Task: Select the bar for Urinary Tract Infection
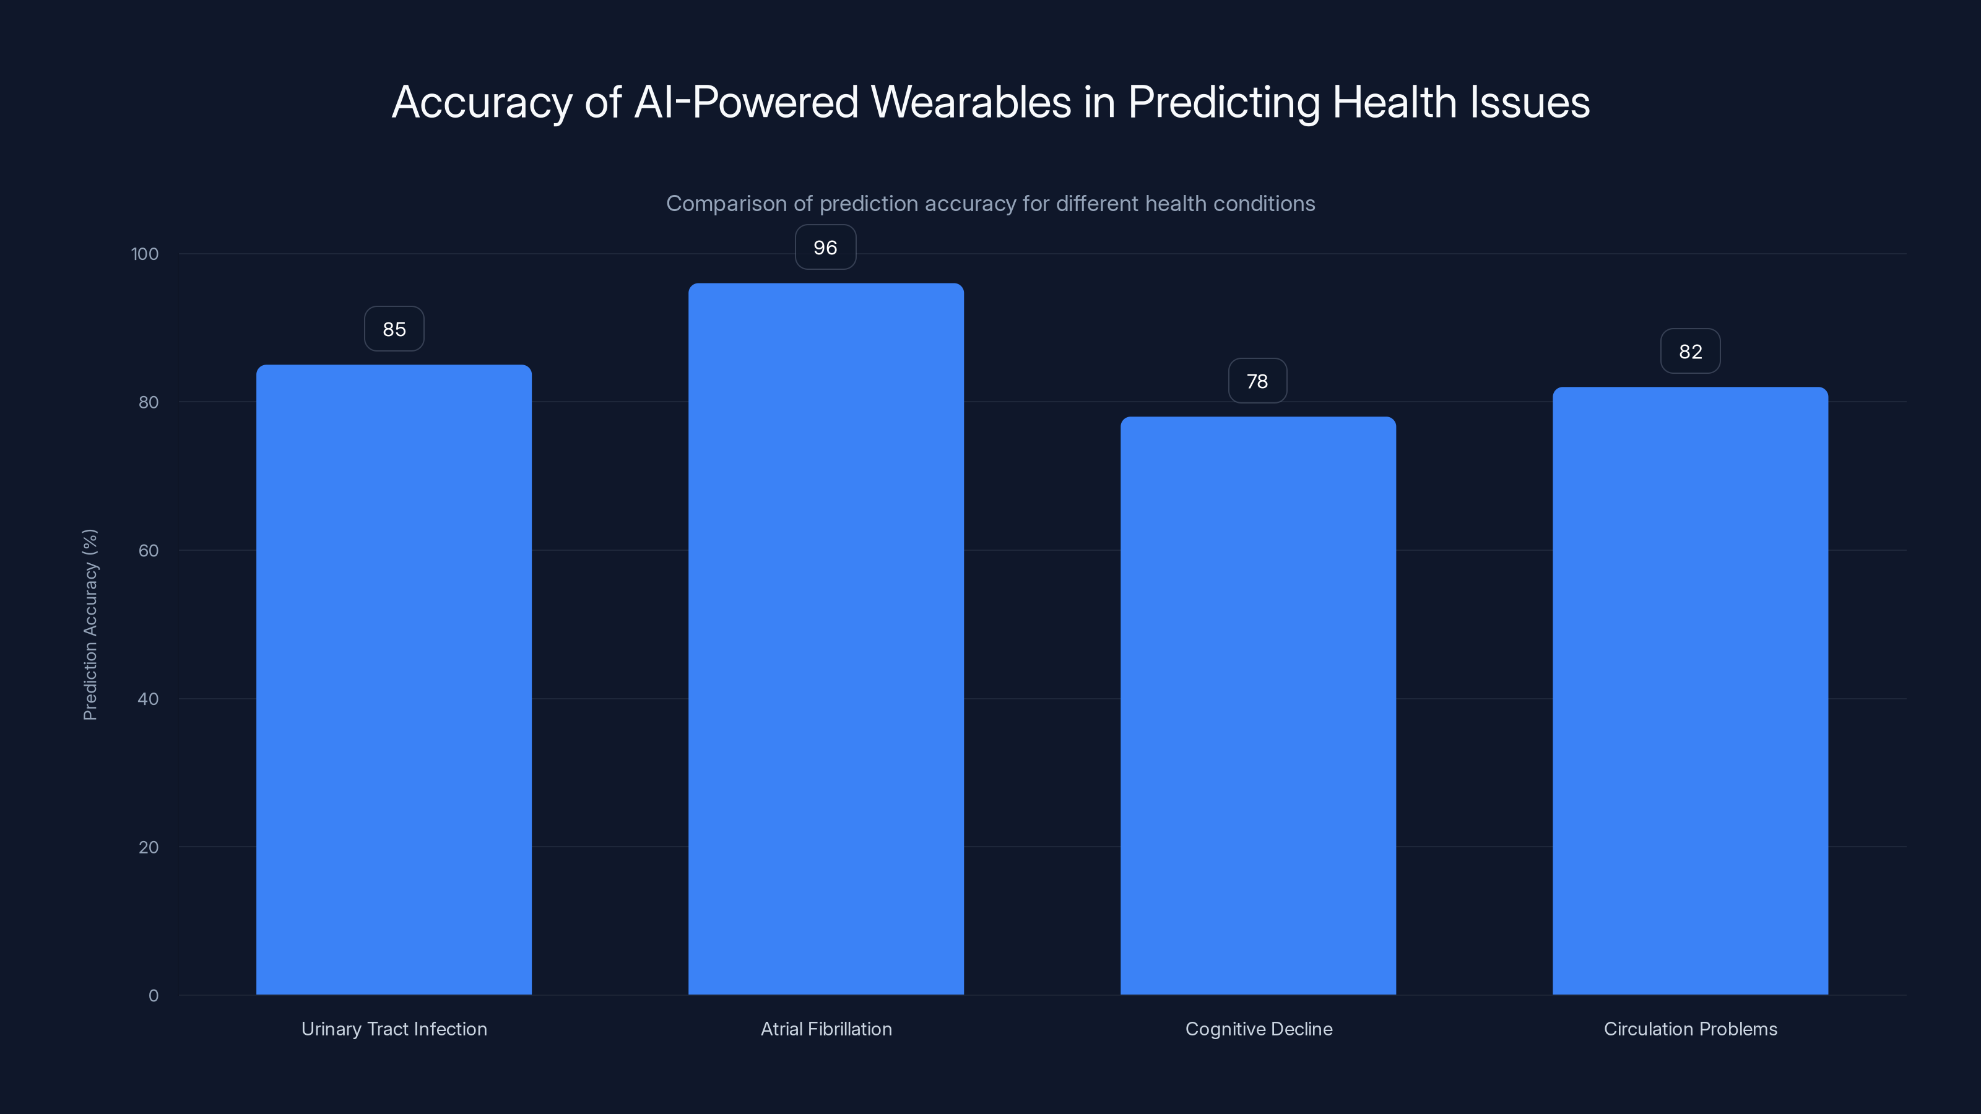tap(394, 680)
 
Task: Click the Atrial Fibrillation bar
tap(826, 639)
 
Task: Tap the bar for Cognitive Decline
tap(1258, 706)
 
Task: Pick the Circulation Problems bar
tap(1690, 691)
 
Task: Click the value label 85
tap(394, 329)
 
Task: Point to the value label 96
tap(825, 248)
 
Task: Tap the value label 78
tap(1257, 381)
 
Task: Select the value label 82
tap(1690, 352)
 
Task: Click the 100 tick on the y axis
tap(145, 254)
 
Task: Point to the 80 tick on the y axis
tap(149, 402)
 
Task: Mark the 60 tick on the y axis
tap(149, 550)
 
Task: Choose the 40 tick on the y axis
tap(149, 699)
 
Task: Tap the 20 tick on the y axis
tap(149, 847)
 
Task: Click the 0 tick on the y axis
tap(153, 996)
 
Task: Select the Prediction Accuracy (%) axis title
tap(90, 624)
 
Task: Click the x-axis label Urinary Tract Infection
tap(394, 1029)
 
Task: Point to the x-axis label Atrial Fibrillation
tap(826, 1029)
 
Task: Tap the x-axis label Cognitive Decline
tap(1258, 1029)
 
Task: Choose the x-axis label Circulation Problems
tap(1690, 1029)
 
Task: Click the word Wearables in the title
tap(971, 102)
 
